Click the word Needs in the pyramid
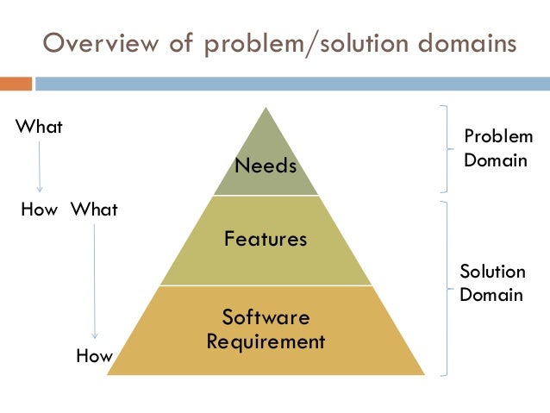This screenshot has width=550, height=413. coord(266,166)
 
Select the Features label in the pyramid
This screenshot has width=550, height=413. coord(266,239)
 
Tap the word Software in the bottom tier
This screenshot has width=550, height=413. coord(266,316)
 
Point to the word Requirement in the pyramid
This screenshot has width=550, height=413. coord(266,341)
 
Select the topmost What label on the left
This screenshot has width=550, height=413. coord(40,127)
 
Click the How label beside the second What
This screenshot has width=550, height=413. coord(37,210)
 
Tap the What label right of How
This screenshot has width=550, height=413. coord(93,210)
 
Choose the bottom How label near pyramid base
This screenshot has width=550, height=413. coord(94,355)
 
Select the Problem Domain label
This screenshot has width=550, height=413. coord(497,148)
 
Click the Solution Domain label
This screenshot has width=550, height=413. coord(491,284)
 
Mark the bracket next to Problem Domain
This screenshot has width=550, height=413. coord(445,147)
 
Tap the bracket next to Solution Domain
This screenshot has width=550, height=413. coord(445,288)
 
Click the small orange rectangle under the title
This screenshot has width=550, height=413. coord(16,84)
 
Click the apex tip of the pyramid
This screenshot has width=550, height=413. coord(266,108)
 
